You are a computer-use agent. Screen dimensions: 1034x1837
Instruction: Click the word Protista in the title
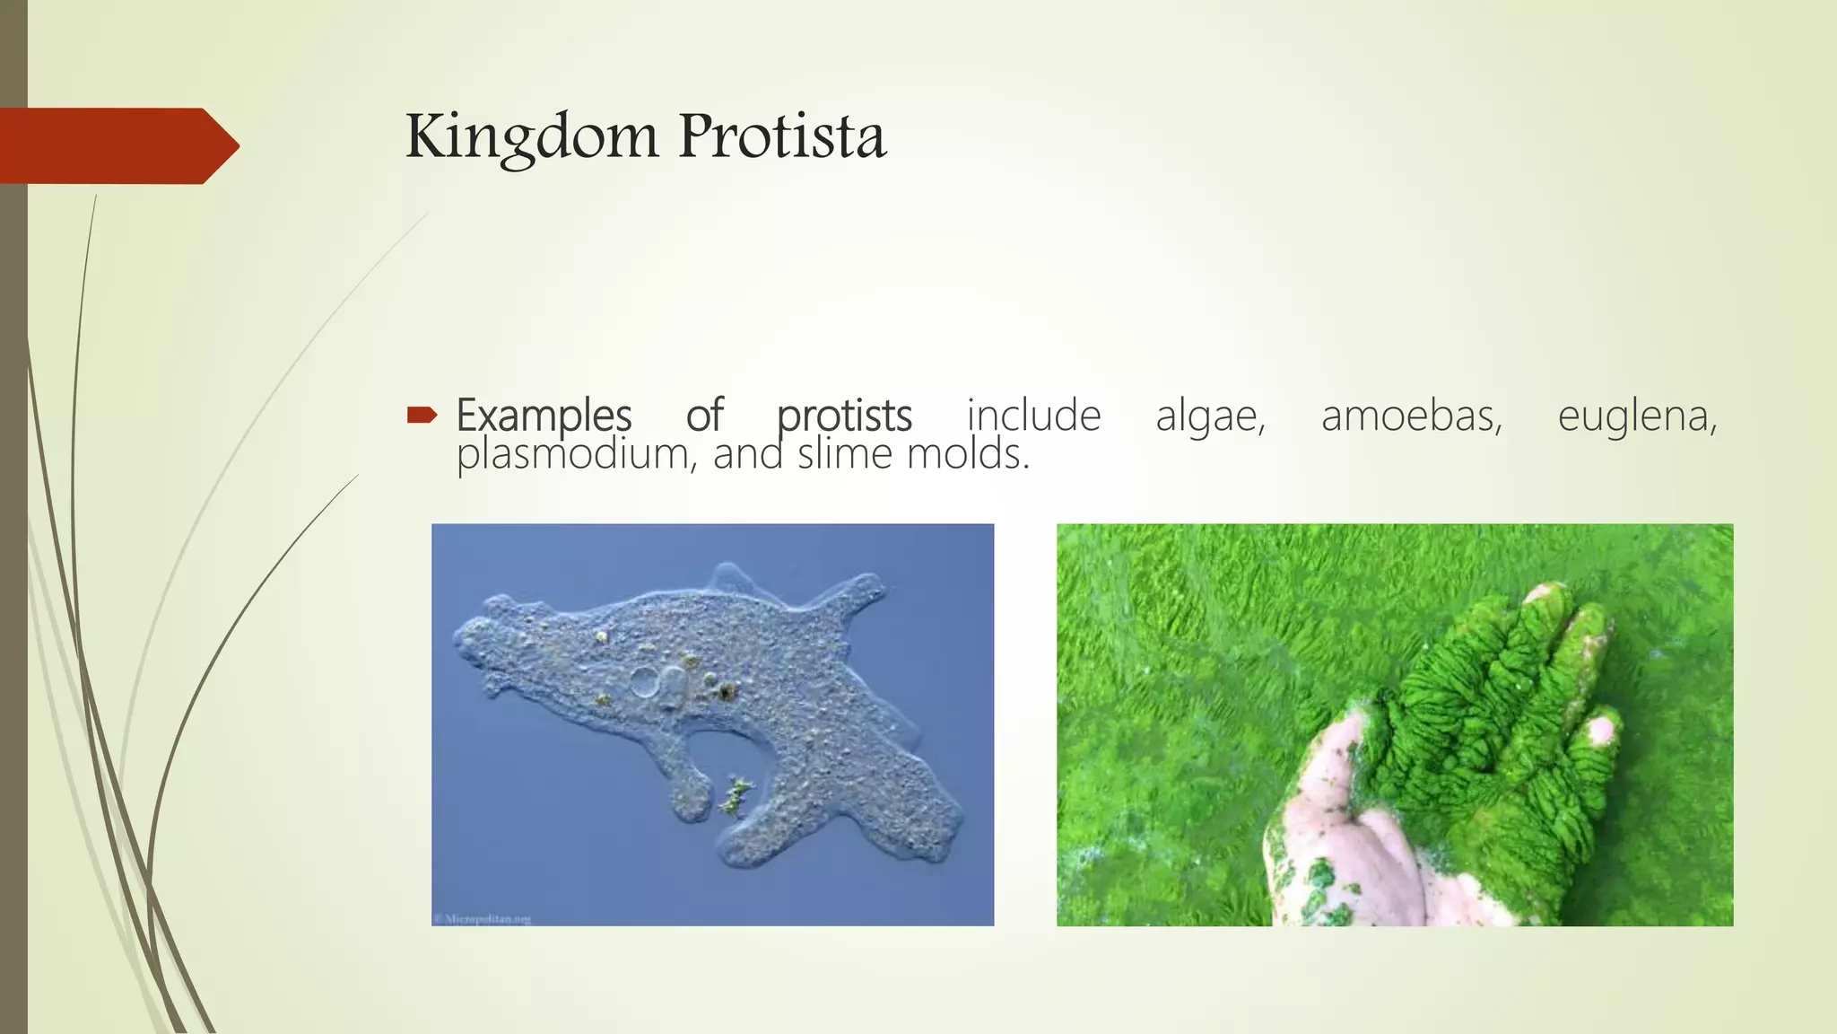pos(782,137)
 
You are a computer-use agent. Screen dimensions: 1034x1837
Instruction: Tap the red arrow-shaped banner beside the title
pos(117,145)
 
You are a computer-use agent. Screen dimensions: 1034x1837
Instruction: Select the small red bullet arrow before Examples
pos(422,415)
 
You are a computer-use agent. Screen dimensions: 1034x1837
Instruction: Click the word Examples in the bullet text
pos(544,416)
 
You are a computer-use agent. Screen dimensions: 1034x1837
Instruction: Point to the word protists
pos(844,416)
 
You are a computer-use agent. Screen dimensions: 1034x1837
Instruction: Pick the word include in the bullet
pos(1033,416)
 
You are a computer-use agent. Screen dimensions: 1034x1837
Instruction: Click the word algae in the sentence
pos(1210,416)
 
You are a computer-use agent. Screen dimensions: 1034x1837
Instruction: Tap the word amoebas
pos(1411,416)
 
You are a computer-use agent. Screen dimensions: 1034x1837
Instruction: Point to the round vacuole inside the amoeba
pos(645,681)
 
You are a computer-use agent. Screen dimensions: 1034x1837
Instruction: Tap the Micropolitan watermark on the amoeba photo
pos(483,918)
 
